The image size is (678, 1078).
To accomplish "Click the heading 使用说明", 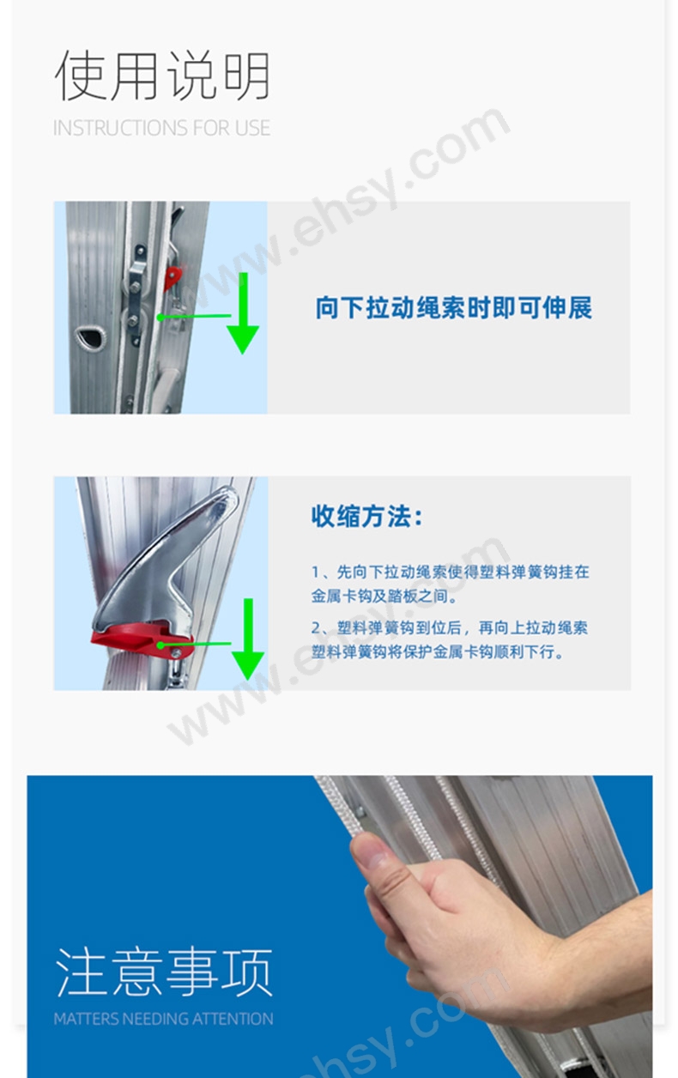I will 162,76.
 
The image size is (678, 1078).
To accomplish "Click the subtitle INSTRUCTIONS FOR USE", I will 161,129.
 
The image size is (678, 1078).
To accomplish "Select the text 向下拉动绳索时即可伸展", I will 453,308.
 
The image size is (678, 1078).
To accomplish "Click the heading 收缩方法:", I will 366,518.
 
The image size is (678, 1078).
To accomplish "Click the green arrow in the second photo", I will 247,639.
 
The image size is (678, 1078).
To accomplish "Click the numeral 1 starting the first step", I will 315,572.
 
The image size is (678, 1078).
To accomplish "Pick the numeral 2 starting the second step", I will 315,628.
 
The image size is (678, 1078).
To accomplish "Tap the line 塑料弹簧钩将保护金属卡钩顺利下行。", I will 438,652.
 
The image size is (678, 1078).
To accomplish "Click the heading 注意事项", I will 164,972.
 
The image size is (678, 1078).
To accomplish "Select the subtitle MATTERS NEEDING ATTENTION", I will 163,1020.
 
